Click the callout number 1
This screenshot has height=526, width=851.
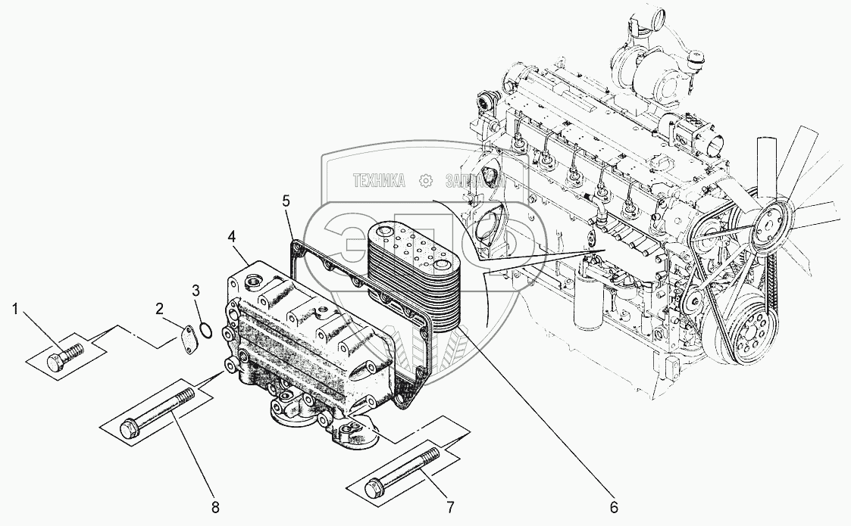click(x=15, y=309)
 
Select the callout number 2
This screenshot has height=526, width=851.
click(x=159, y=308)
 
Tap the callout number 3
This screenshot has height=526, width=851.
click(x=196, y=290)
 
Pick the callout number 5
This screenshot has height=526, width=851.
click(x=286, y=201)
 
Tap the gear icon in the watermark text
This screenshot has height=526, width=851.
click(x=427, y=180)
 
